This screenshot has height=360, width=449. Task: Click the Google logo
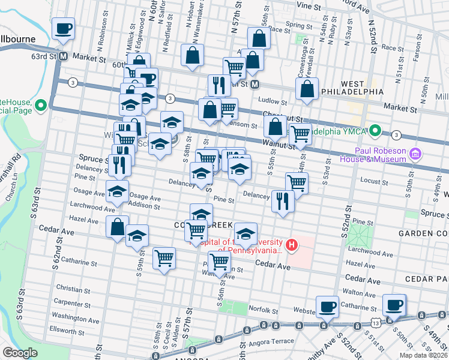[20, 353]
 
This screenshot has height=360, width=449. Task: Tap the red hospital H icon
[292, 245]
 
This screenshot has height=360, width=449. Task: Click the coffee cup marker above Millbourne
[63, 28]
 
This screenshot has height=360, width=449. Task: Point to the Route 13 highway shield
[375, 323]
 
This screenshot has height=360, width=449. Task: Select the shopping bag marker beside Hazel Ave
[117, 227]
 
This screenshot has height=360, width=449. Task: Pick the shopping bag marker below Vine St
[259, 38]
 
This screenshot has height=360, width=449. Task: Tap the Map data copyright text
[424, 355]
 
